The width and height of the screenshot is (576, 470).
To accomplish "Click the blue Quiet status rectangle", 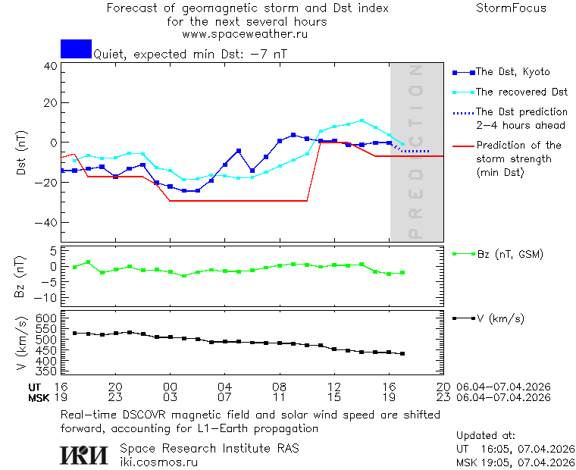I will [76, 49].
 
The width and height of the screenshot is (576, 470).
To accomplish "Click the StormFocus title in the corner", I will [511, 8].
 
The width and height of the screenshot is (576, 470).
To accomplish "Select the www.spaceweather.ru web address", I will [244, 34].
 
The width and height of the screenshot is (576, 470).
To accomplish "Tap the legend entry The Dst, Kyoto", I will [512, 72].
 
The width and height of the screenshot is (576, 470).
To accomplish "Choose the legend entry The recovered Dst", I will [521, 92].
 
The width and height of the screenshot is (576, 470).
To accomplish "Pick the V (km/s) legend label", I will [500, 318].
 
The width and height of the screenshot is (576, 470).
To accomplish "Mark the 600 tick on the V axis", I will [47, 318].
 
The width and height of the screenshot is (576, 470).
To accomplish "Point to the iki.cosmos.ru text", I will [158, 461].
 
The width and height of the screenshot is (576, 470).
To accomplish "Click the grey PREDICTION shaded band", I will [416, 152].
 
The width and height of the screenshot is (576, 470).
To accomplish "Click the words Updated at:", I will [486, 436].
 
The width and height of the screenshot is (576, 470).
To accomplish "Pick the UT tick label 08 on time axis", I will [279, 387].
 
